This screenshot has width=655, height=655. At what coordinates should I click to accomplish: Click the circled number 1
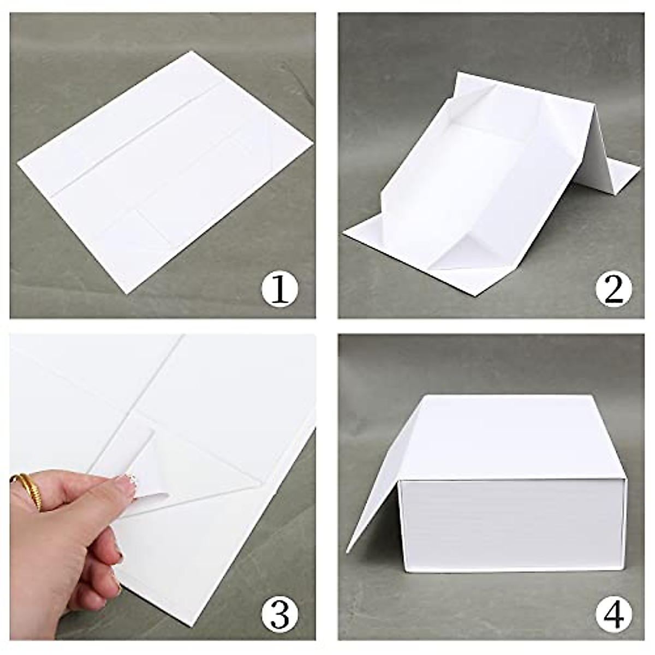click(x=280, y=289)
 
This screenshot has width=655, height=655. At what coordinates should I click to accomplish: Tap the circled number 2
click(x=609, y=289)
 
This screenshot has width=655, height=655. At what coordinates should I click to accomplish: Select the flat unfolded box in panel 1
click(x=164, y=164)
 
